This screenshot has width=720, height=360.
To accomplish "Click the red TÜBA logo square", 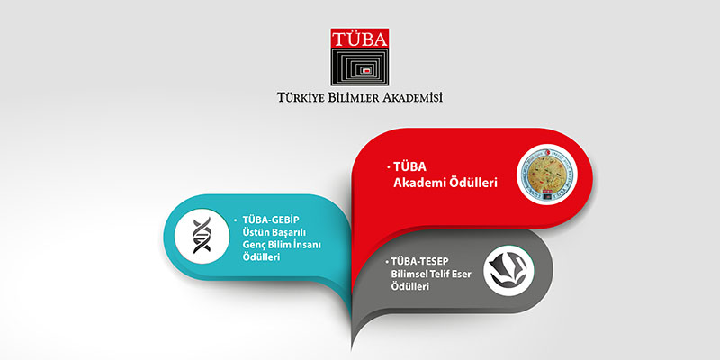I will (x=361, y=40).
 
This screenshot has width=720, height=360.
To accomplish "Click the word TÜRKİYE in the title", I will (x=309, y=97).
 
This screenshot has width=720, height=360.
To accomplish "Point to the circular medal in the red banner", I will (x=548, y=175).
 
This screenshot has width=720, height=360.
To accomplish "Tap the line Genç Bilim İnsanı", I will (x=283, y=245).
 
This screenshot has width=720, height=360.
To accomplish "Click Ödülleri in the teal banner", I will (x=261, y=257).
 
